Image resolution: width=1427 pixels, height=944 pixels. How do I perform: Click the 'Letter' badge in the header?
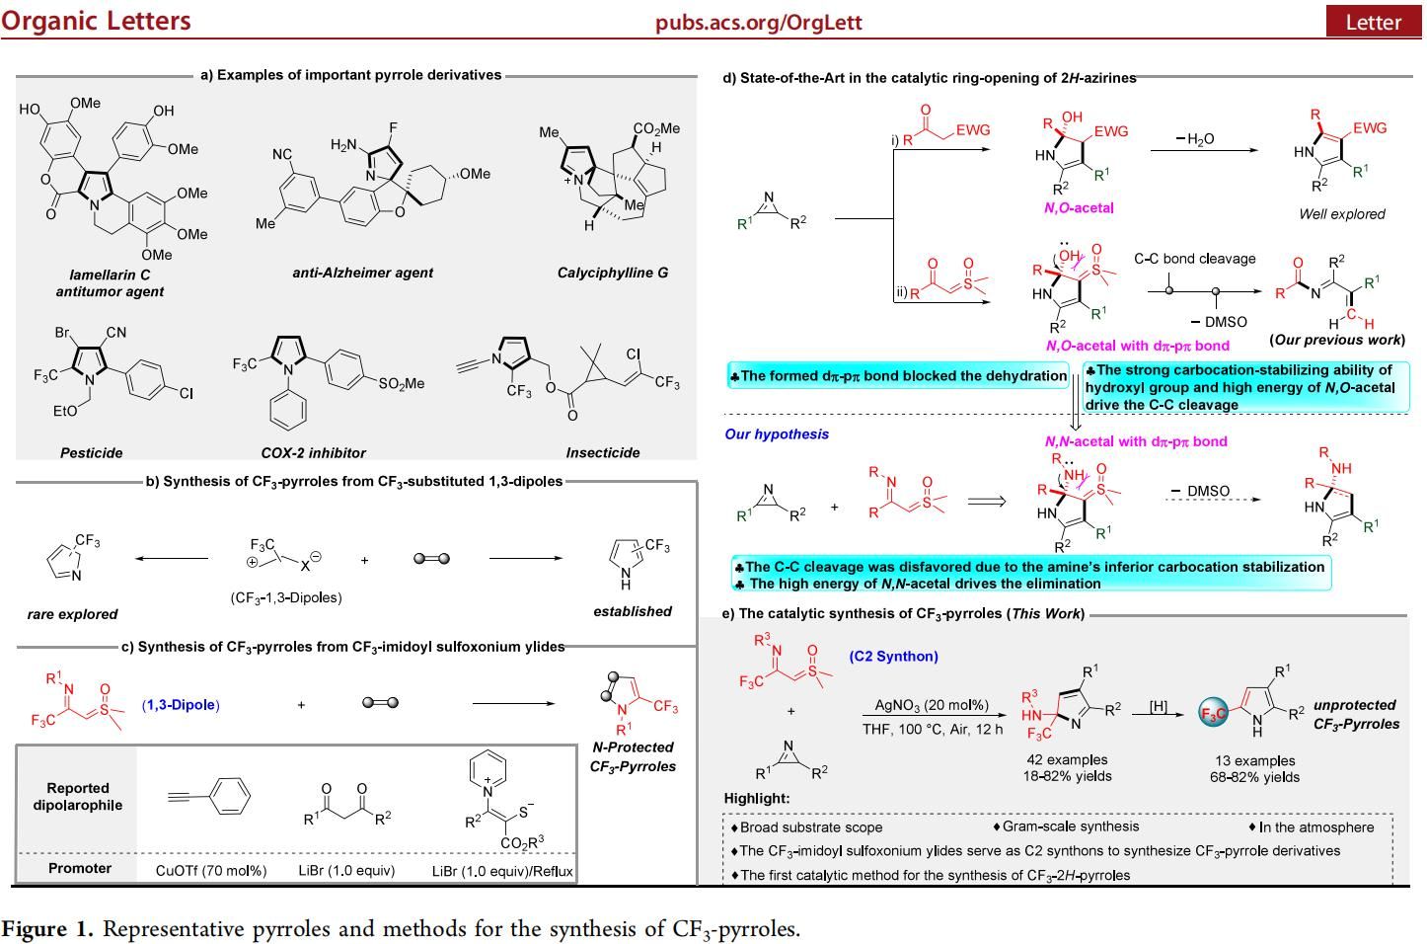click(1373, 22)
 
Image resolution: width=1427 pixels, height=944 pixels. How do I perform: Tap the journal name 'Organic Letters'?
click(96, 21)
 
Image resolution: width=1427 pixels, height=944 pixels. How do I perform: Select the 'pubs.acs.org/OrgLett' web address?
click(758, 22)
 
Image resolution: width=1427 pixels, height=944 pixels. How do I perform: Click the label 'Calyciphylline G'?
click(612, 273)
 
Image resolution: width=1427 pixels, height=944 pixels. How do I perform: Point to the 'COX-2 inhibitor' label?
click(313, 453)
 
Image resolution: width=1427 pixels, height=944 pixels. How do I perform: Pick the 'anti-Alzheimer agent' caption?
click(362, 273)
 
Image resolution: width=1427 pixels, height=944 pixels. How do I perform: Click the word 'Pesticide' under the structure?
click(92, 453)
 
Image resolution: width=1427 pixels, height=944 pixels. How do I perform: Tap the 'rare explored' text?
click(72, 614)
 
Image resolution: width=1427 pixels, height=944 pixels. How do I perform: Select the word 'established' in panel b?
click(632, 611)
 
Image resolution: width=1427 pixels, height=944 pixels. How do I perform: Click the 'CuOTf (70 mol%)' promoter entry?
click(211, 871)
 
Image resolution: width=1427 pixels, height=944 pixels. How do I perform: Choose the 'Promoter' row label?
click(80, 869)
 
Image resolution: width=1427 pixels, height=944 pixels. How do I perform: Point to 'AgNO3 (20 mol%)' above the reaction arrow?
click(932, 706)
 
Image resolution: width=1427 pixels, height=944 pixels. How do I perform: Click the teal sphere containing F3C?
click(1213, 713)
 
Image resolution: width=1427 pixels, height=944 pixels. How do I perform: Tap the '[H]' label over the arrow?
click(1159, 706)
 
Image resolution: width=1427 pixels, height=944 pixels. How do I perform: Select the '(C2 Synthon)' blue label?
click(893, 656)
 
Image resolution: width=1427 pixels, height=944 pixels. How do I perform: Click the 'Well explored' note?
click(1341, 214)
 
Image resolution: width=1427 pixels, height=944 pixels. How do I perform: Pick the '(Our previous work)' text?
click(1337, 340)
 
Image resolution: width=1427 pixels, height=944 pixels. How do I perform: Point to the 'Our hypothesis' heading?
click(777, 434)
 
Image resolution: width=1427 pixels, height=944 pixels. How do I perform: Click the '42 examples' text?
click(1067, 759)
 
